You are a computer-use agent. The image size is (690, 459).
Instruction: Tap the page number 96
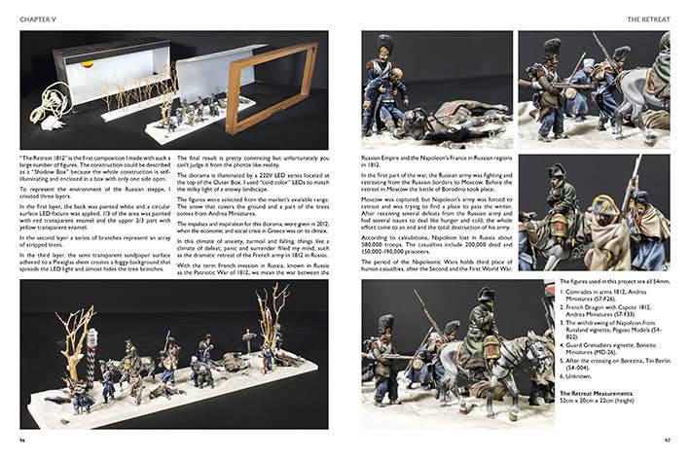point(22,439)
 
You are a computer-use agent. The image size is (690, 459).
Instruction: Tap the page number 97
point(667,439)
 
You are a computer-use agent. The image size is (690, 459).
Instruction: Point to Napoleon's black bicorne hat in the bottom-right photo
point(486,295)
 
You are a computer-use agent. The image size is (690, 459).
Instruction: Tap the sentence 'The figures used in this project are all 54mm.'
point(613,284)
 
